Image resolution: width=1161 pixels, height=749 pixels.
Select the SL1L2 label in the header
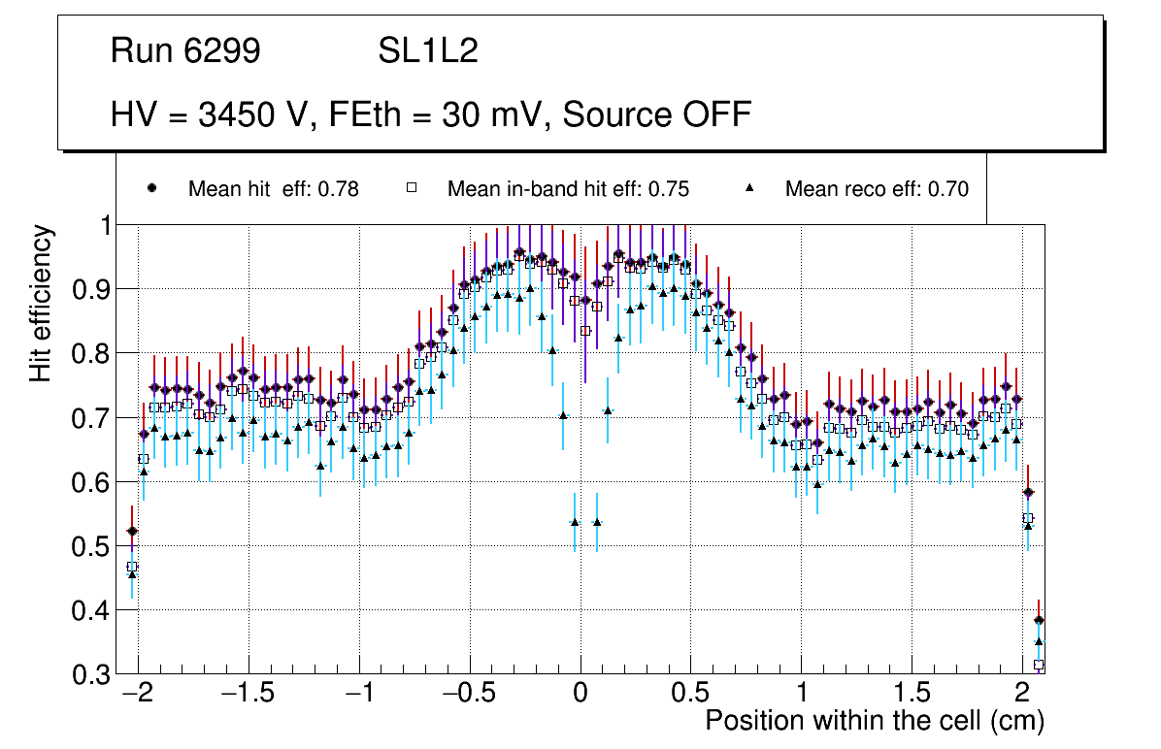(x=428, y=51)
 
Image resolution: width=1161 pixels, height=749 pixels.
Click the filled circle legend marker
(x=150, y=188)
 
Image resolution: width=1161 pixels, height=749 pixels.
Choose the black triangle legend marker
(x=748, y=188)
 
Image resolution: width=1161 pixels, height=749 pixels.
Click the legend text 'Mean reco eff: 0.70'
(x=877, y=189)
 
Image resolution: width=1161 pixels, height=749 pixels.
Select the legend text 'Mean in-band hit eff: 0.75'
(x=568, y=189)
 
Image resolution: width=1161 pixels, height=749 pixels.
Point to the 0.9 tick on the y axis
(x=94, y=289)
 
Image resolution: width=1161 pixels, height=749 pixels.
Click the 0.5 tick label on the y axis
(x=94, y=546)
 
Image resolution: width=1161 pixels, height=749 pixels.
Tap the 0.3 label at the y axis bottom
(x=94, y=675)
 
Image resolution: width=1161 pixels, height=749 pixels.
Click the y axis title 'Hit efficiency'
(x=41, y=303)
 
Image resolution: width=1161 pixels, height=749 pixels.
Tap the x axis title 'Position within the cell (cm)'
(x=874, y=721)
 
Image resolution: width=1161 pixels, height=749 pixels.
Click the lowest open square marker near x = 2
(x=1039, y=665)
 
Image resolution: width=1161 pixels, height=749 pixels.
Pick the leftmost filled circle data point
(x=132, y=532)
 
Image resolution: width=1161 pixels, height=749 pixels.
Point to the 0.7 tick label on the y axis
(x=94, y=418)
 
